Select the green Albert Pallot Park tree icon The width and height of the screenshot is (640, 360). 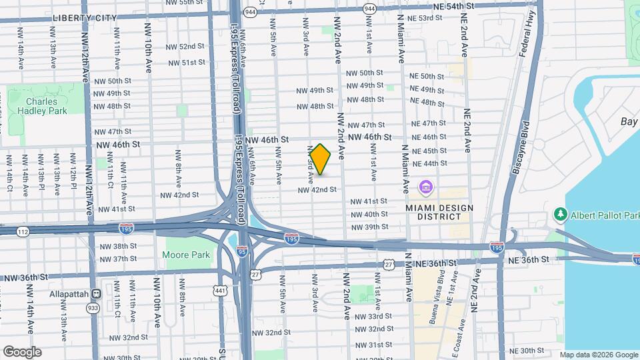click(560, 214)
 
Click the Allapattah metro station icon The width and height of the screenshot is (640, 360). click(96, 293)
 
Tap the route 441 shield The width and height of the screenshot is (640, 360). click(220, 290)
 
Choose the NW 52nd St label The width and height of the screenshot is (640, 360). click(186, 47)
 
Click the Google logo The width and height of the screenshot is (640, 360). click(22, 351)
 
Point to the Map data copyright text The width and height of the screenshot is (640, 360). click(598, 355)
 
